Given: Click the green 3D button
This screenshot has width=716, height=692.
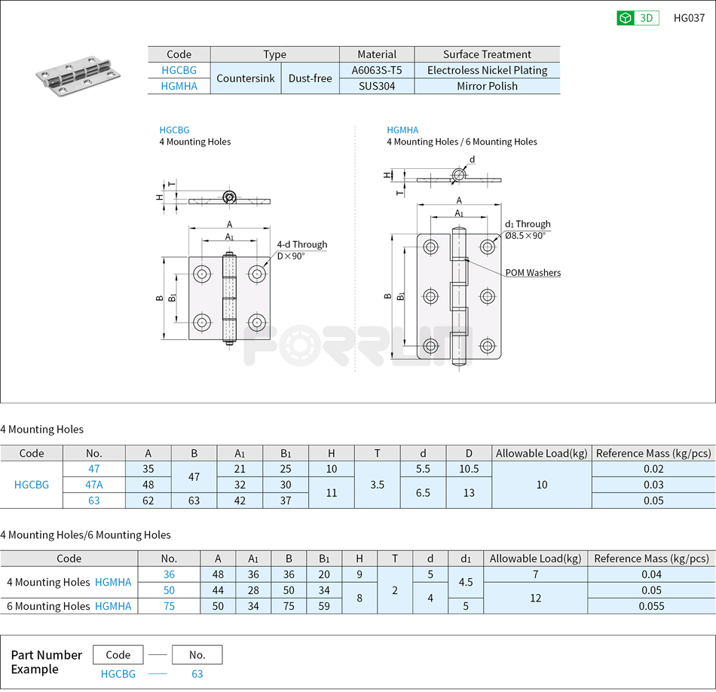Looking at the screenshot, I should click(x=638, y=18).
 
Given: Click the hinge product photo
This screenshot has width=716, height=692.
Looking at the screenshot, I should click(x=78, y=75).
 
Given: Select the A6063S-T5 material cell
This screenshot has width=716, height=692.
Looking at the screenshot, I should click(x=377, y=70).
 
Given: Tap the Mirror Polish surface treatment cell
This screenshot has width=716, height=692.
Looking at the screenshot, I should click(x=487, y=86).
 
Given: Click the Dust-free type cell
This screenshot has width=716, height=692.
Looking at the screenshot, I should click(x=310, y=78).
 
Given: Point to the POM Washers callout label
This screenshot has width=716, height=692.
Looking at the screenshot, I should click(x=532, y=273).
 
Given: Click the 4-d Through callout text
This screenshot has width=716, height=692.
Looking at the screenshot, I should click(x=301, y=244).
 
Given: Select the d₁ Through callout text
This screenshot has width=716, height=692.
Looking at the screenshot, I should click(x=528, y=224).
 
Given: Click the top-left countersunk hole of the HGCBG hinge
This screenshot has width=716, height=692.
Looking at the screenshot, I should click(x=202, y=273).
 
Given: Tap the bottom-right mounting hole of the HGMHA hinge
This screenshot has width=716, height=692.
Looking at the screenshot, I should click(x=488, y=346).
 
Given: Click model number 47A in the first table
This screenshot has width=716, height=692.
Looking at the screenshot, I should click(x=94, y=485).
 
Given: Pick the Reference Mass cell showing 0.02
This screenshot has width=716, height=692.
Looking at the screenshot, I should click(x=653, y=469).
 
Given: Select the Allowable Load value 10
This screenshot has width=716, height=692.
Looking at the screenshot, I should click(x=541, y=485).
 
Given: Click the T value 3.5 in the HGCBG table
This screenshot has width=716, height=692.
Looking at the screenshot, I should click(x=377, y=485).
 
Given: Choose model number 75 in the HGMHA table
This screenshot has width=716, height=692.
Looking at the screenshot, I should click(x=169, y=606).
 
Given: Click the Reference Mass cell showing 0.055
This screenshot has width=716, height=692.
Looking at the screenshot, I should click(x=651, y=606).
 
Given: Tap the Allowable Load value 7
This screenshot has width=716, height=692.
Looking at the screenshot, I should click(x=535, y=574).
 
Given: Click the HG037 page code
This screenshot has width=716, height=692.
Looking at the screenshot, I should click(x=689, y=18).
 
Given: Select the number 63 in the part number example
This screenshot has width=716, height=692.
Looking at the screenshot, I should click(x=197, y=674).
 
